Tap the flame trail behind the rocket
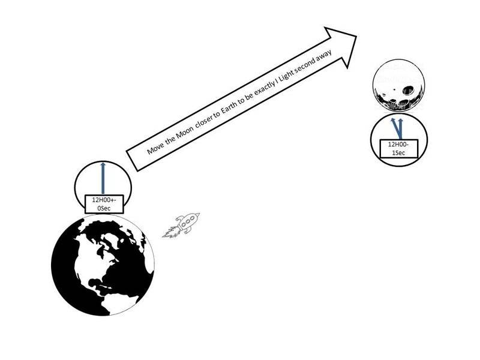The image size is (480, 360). (170, 232)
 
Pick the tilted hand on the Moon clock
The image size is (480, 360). (394, 128)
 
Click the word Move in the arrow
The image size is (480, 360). (155, 146)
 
